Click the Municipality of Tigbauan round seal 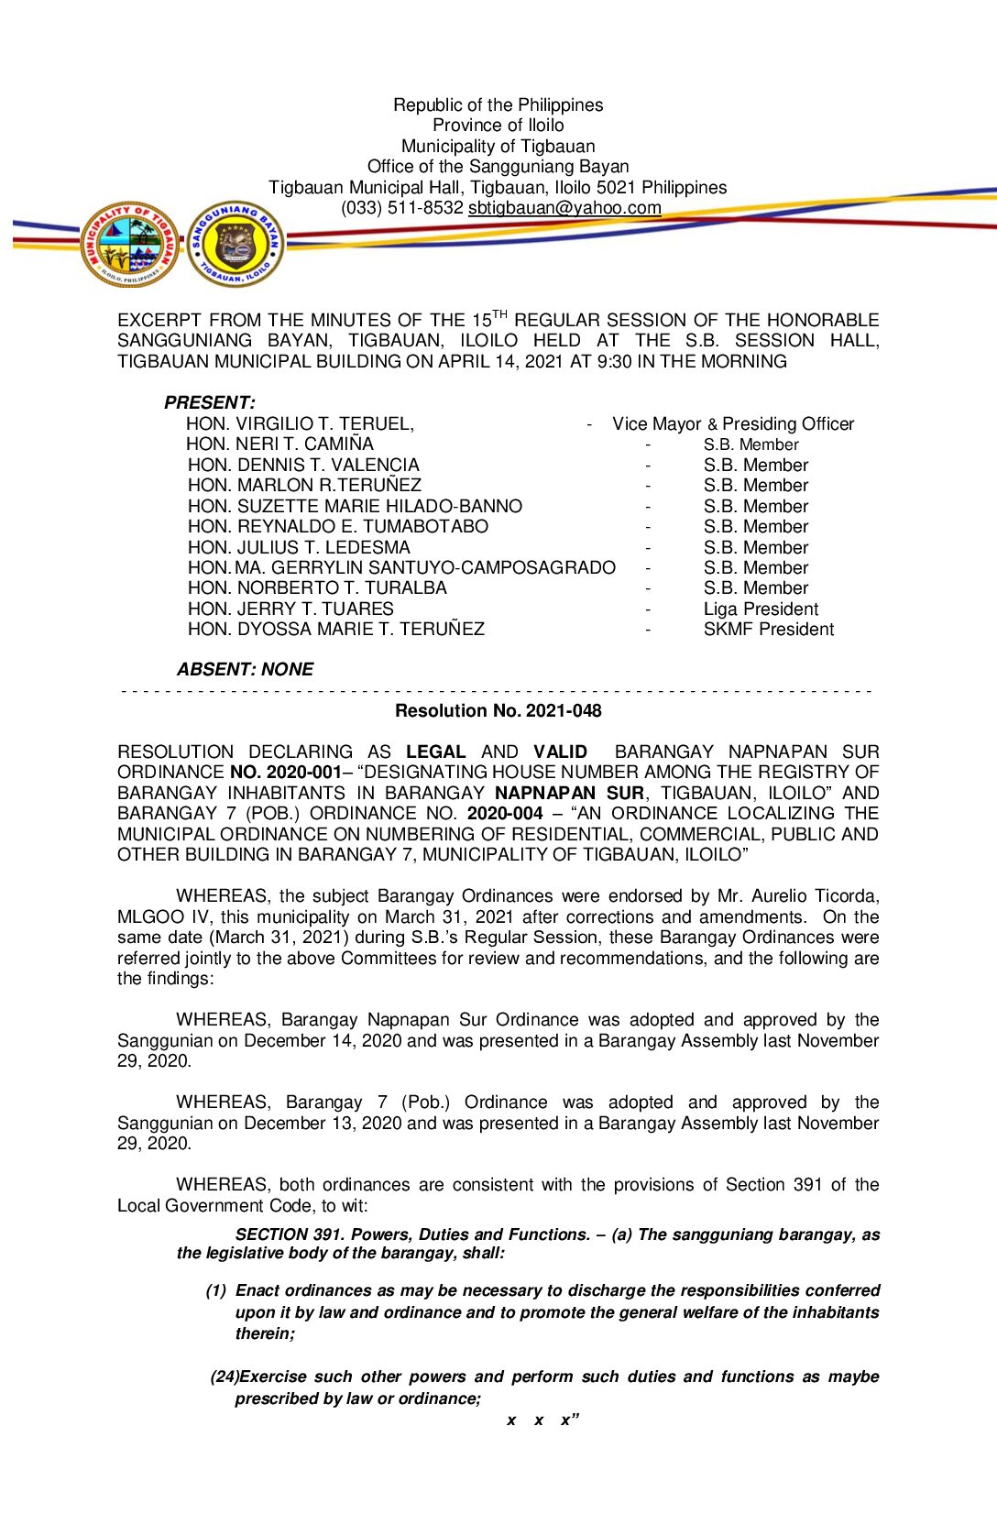[129, 244]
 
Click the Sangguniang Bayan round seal [236, 244]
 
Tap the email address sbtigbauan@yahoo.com [564, 208]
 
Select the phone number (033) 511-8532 [401, 208]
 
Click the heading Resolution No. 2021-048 [498, 710]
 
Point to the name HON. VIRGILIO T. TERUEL [299, 423]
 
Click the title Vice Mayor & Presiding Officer [732, 423]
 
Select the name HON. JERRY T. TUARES [290, 609]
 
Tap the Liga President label [761, 609]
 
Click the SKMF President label [768, 629]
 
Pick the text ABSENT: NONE [245, 669]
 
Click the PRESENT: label [209, 402]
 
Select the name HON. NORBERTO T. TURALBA [317, 587]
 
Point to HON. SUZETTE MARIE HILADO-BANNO [355, 506]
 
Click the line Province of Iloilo [498, 126]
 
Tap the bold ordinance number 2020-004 [505, 813]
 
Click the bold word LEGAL [435, 752]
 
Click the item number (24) [225, 1377]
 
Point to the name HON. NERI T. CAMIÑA [279, 444]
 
